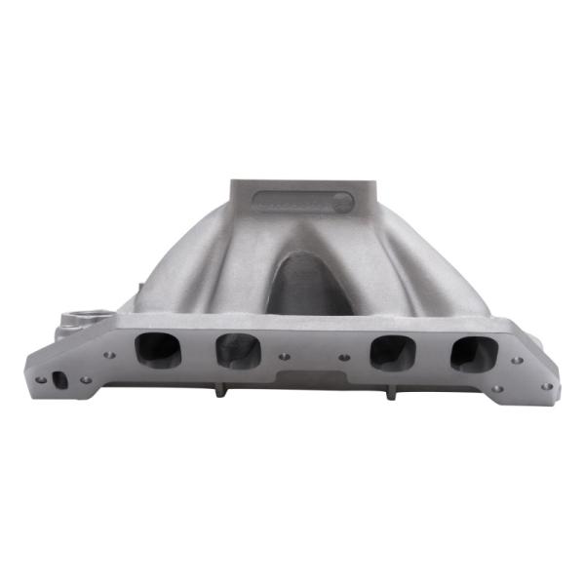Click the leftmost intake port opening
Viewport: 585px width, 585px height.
pyautogui.click(x=156, y=347)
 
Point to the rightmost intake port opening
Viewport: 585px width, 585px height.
pyautogui.click(x=473, y=354)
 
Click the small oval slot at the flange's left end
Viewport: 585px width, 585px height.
pyautogui.click(x=60, y=379)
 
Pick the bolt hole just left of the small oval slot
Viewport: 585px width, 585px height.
pyautogui.click(x=41, y=378)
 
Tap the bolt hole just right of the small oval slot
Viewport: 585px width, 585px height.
pyautogui.click(x=86, y=379)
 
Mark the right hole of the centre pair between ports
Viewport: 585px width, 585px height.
pyautogui.click(x=344, y=358)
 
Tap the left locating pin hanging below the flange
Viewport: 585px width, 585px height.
pyautogui.click(x=220, y=390)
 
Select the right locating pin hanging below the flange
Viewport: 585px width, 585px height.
pyautogui.click(x=390, y=392)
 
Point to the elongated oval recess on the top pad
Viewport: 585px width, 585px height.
pyautogui.click(x=303, y=202)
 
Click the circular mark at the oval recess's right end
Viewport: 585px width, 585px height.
pyautogui.click(x=341, y=203)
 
